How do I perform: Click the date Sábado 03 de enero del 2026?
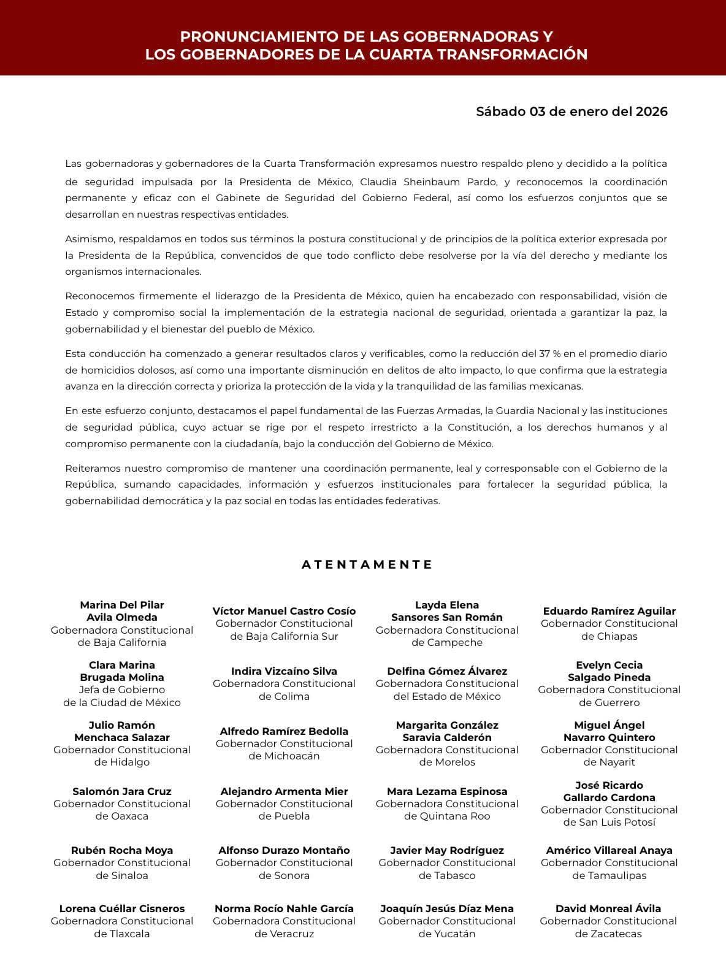point(571,112)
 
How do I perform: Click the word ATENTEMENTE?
point(367,564)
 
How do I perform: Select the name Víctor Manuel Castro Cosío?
point(284,611)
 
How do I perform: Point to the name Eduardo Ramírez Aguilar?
point(609,611)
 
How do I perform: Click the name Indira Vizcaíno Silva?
point(284,671)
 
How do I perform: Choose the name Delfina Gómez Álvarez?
point(447,671)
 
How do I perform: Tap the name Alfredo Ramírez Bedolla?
point(284,731)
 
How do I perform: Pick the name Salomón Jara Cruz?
point(122,791)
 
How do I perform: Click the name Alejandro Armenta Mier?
point(284,791)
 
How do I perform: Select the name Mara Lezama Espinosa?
point(447,791)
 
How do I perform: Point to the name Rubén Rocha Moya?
point(122,850)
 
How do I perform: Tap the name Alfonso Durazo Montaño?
point(284,850)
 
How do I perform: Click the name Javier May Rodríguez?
point(447,850)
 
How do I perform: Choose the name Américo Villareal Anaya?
point(609,850)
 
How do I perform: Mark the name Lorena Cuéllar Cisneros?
point(122,908)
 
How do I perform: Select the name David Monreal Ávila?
point(608,908)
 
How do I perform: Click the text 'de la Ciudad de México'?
point(122,702)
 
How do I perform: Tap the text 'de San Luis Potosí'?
point(609,822)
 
